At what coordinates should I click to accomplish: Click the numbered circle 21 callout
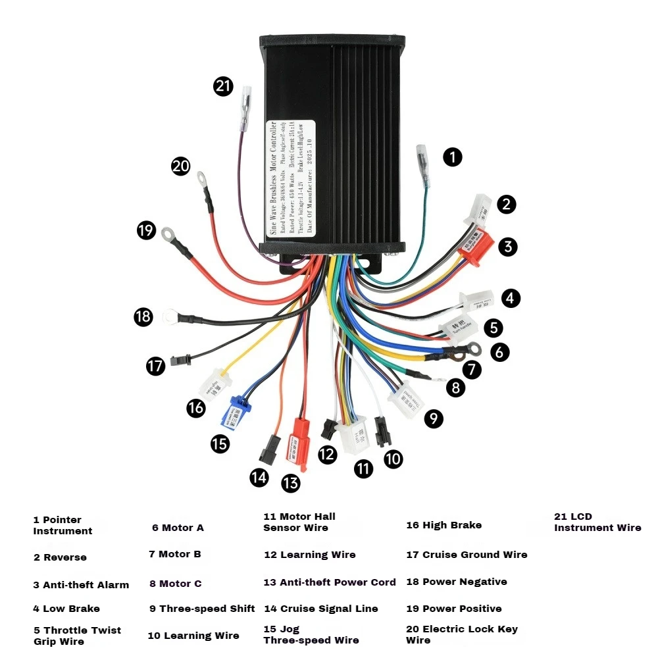[224, 86]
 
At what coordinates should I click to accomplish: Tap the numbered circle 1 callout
[452, 157]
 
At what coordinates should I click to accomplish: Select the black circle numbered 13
[290, 483]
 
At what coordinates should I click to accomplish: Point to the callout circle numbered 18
[143, 316]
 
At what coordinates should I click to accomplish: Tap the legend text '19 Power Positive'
[453, 609]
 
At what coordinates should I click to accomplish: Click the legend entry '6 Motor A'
[178, 528]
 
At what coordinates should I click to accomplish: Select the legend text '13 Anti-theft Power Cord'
[330, 582]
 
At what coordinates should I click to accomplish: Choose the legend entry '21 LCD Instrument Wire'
[597, 522]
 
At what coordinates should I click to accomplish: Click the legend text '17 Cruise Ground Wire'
[467, 555]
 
